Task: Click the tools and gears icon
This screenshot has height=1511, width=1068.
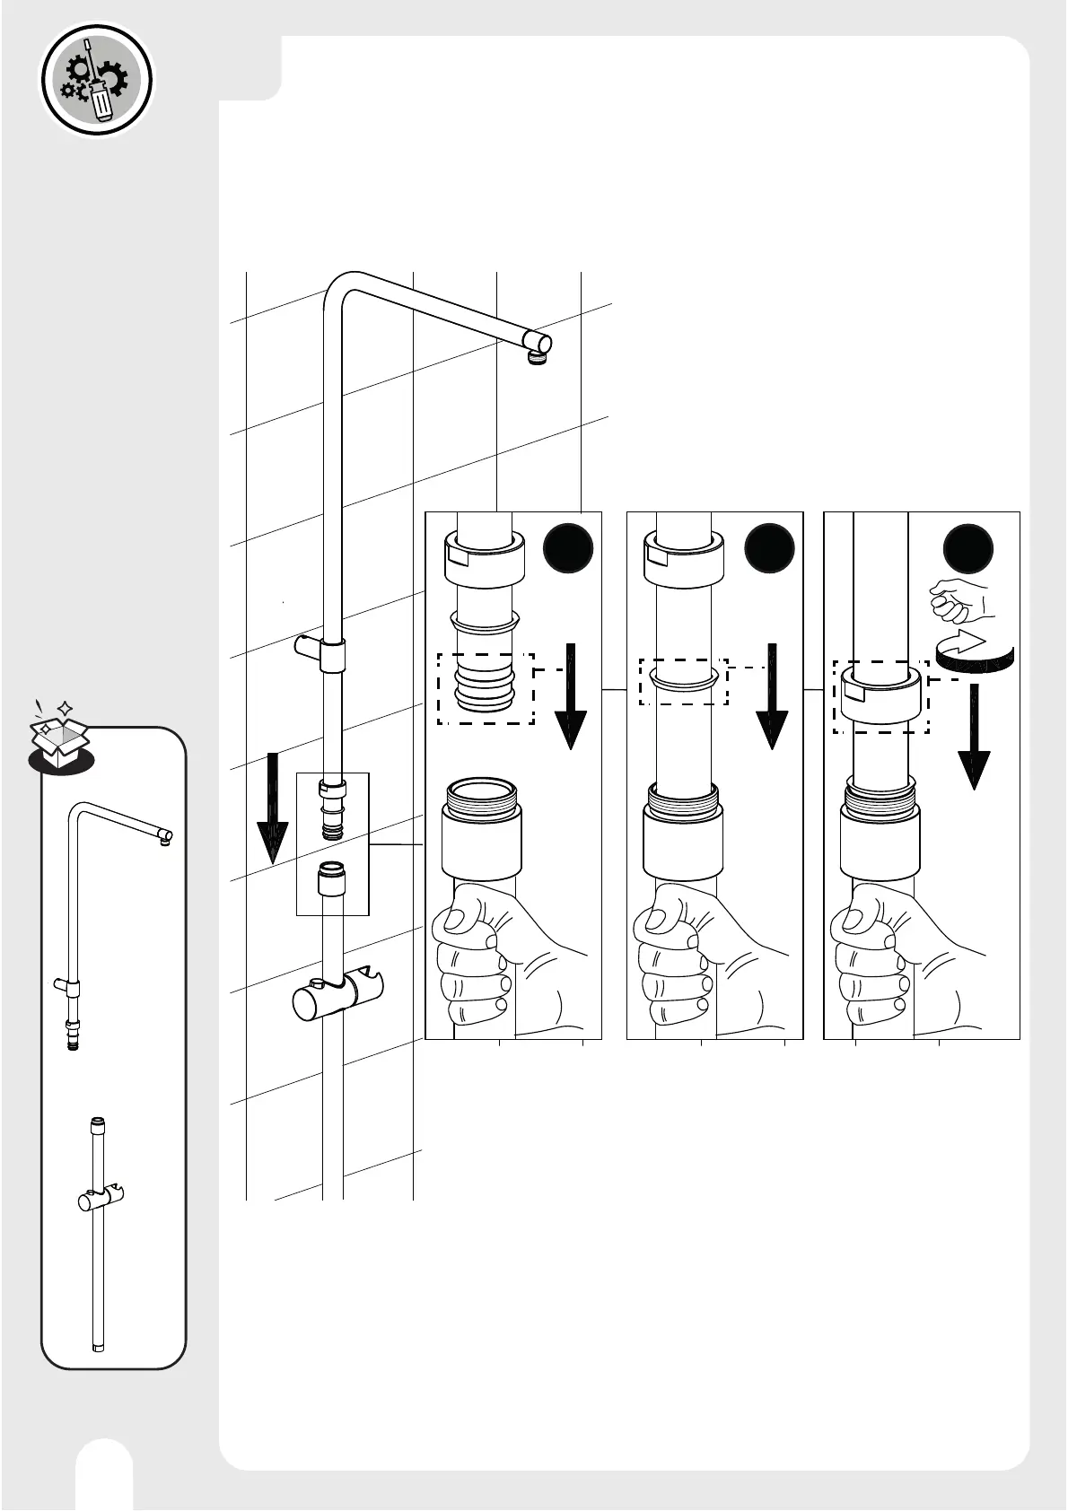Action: pos(98,80)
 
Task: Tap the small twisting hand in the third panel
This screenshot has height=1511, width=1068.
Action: pos(958,600)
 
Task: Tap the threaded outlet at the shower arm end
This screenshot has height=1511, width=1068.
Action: pos(537,357)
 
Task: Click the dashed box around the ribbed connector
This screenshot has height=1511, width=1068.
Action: pos(486,688)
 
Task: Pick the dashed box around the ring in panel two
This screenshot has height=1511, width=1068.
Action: pos(683,682)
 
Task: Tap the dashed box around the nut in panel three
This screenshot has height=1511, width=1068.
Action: pos(880,697)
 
